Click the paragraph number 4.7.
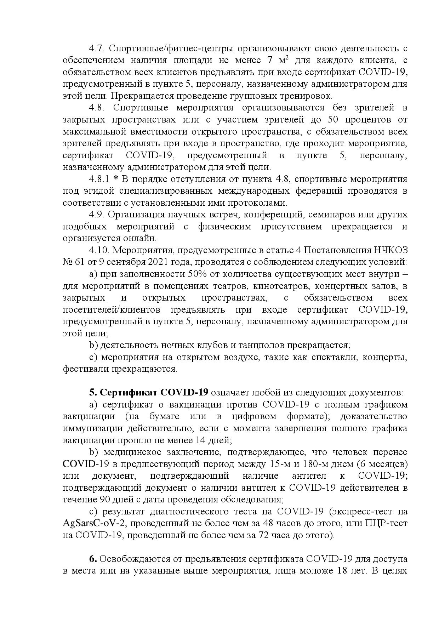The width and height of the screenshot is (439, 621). (95, 49)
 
